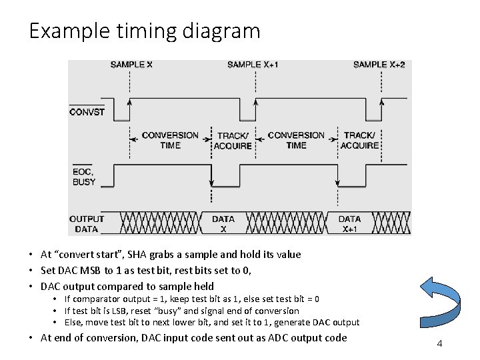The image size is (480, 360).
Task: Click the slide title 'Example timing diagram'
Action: pyautogui.click(x=144, y=31)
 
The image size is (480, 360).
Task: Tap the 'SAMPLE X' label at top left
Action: pyautogui.click(x=131, y=65)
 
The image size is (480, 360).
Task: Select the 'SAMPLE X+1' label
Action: pyautogui.click(x=253, y=65)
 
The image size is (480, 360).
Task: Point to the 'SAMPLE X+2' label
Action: pyautogui.click(x=379, y=65)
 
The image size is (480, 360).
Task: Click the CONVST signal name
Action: pyautogui.click(x=87, y=112)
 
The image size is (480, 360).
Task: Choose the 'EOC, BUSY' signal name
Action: pyautogui.click(x=84, y=176)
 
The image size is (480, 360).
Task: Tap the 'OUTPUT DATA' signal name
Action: pyautogui.click(x=87, y=223)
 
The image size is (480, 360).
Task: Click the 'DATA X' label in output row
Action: pyautogui.click(x=223, y=223)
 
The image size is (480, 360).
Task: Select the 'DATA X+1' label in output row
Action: pyautogui.click(x=349, y=223)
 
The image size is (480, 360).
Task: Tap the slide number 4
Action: pyautogui.click(x=439, y=343)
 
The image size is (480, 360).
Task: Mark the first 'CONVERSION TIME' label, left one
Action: pyautogui.click(x=171, y=140)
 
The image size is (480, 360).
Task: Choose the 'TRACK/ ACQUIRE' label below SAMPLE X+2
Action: pyautogui.click(x=360, y=140)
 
